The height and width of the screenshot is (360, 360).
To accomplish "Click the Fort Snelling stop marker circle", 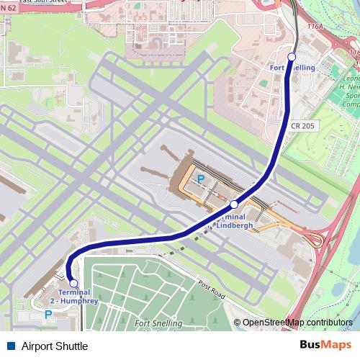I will pyautogui.click(x=292, y=56).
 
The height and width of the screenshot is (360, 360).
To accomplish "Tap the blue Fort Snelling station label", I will pyautogui.click(x=292, y=68).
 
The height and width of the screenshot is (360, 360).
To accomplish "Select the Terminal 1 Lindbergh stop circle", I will pyautogui.click(x=234, y=204).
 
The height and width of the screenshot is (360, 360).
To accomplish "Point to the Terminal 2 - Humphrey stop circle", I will pyautogui.click(x=73, y=284).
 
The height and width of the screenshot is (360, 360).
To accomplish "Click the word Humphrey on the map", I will pyautogui.click(x=84, y=301).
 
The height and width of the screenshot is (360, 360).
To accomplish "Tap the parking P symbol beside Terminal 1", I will pyautogui.click(x=201, y=179).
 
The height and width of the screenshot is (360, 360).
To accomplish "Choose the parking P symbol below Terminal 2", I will pyautogui.click(x=48, y=315).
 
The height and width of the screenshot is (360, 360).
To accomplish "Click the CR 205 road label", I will pyautogui.click(x=304, y=126).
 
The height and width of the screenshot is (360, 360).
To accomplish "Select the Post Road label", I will pyautogui.click(x=211, y=289).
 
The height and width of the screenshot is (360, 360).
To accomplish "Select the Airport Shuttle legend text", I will pyautogui.click(x=55, y=346).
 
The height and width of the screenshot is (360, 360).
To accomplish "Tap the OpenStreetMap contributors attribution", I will pyautogui.click(x=297, y=323).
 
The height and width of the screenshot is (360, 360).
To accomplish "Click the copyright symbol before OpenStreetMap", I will pyautogui.click(x=237, y=323).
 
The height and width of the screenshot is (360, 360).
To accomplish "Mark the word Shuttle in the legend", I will pyautogui.click(x=72, y=346).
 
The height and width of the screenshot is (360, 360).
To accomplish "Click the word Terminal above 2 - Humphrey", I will pyautogui.click(x=74, y=292).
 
